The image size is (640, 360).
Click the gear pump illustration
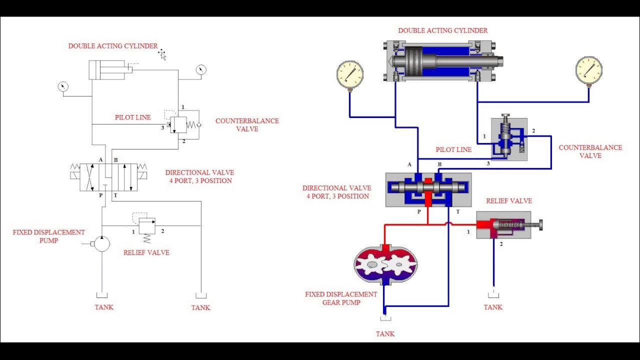[x=385, y=264]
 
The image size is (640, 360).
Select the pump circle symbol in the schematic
[x=101, y=243]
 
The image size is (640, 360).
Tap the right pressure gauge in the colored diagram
[x=588, y=70]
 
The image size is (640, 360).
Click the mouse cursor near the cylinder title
[x=162, y=54]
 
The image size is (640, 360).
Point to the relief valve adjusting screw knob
[x=540, y=225]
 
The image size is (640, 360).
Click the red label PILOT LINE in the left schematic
[x=133, y=117]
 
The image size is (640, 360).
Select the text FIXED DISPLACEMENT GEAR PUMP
[x=341, y=298]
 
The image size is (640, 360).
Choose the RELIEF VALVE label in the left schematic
[x=146, y=252]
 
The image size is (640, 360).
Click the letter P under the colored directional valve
[x=419, y=211]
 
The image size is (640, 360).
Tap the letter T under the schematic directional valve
[x=115, y=195]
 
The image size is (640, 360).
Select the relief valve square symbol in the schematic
[x=146, y=226]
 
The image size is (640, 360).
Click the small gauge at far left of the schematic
[x=63, y=86]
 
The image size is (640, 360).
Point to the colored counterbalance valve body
[x=508, y=139]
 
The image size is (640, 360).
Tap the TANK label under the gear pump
[x=385, y=334]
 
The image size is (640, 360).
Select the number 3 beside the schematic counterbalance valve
[x=162, y=128]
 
